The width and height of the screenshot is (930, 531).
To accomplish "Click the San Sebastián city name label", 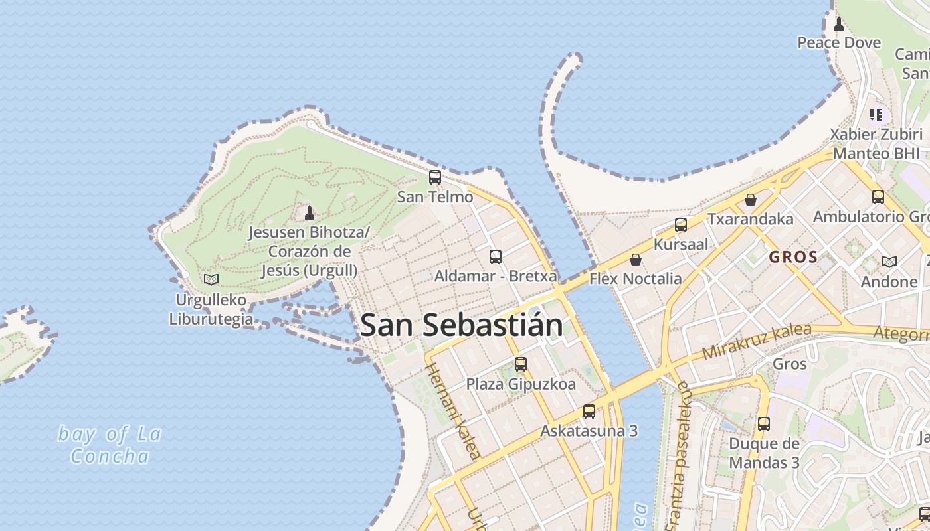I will click(x=462, y=325).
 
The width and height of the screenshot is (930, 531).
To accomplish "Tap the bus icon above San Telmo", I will click(x=435, y=177).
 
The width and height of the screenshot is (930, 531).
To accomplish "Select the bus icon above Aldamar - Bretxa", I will click(x=496, y=256).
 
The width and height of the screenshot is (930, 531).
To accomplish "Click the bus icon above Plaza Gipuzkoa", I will click(x=521, y=364).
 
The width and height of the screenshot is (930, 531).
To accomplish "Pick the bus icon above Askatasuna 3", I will click(x=589, y=411).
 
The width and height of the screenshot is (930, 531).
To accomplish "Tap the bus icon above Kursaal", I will click(x=681, y=224).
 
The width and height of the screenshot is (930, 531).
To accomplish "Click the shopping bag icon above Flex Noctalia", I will click(x=636, y=259).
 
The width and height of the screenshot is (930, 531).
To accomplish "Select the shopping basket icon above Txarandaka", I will click(x=751, y=199).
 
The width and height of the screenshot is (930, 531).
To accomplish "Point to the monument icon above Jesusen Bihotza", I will click(x=309, y=212).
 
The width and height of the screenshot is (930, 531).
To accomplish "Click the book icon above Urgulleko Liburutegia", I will click(x=211, y=280).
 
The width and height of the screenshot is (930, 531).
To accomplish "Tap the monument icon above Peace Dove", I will click(x=839, y=24).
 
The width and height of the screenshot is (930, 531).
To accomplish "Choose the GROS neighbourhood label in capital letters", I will click(x=793, y=257).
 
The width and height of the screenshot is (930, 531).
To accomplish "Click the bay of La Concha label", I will click(x=110, y=445).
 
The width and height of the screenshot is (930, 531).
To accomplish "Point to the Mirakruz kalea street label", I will click(x=757, y=341).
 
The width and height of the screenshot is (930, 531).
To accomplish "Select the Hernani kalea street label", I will click(x=452, y=411).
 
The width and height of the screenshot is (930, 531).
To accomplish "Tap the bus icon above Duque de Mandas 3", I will click(x=764, y=423).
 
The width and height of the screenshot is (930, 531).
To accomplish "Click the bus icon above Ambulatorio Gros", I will click(x=878, y=196).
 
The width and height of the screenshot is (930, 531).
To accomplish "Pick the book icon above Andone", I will click(x=889, y=262).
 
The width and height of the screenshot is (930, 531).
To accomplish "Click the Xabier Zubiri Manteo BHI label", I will click(x=876, y=143).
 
